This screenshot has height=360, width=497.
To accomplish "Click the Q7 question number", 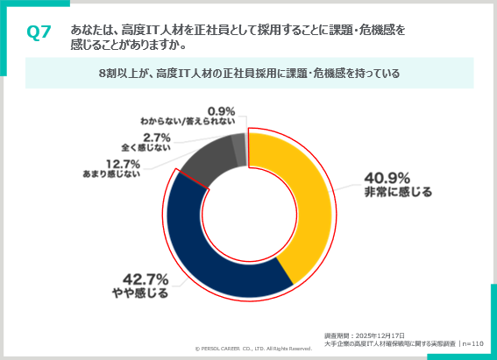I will [39, 32].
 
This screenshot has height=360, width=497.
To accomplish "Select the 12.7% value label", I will [123, 164].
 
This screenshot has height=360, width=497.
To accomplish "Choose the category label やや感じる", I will [139, 293].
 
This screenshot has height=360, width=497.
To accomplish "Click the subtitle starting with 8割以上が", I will [249, 74].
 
